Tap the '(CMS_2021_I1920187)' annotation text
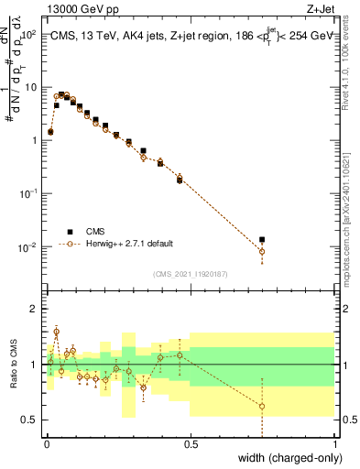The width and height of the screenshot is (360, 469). click(x=190, y=273)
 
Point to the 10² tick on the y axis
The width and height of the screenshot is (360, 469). click(x=29, y=34)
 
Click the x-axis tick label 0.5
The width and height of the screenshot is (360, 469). click(x=191, y=445)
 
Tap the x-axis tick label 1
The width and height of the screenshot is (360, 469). click(x=334, y=445)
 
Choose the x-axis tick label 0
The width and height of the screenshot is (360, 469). click(x=46, y=445)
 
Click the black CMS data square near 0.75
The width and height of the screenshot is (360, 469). click(x=262, y=240)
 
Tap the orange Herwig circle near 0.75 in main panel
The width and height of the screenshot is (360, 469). click(x=262, y=251)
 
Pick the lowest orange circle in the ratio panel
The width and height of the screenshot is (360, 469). click(x=262, y=406)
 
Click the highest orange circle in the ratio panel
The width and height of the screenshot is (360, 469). click(x=56, y=332)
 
